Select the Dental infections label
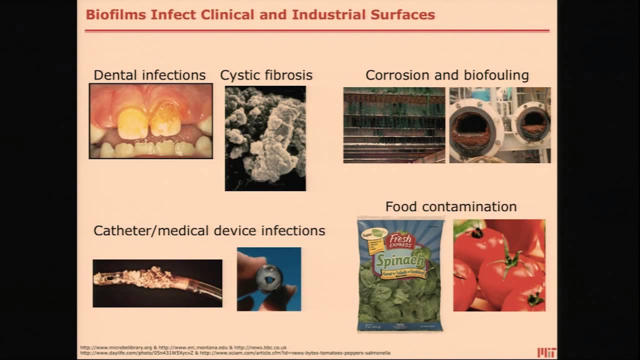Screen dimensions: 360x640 click(149, 75)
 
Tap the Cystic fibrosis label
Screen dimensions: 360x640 click(266, 75)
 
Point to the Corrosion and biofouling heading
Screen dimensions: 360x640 click(447, 75)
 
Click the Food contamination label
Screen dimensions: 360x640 click(450, 206)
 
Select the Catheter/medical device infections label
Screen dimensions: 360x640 click(209, 230)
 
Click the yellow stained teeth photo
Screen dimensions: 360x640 click(150, 121)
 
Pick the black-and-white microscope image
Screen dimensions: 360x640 click(265, 138)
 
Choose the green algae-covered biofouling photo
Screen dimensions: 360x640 click(394, 125)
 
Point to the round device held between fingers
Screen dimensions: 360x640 click(269, 278)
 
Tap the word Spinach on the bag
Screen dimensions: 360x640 click(400, 260)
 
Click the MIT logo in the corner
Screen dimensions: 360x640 click(546, 352)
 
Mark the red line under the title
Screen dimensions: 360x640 click(317, 31)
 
